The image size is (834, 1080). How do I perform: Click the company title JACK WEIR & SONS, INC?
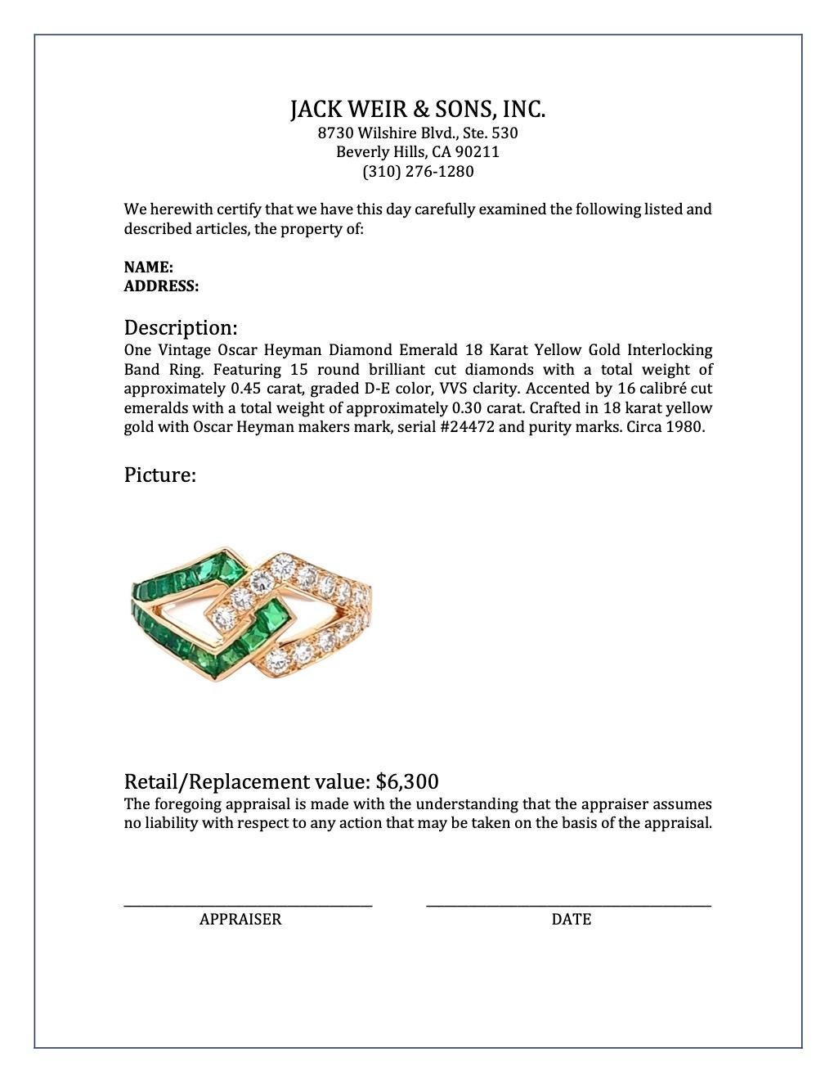(417, 110)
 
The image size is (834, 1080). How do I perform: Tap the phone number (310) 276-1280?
(417, 172)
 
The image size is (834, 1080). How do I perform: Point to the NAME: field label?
(148, 268)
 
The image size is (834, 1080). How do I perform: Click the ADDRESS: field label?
(161, 286)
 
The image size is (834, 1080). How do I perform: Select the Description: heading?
(181, 328)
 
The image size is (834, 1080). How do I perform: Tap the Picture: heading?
(159, 475)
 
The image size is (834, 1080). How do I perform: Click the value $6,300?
(407, 781)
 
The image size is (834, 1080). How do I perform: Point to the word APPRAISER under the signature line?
(240, 920)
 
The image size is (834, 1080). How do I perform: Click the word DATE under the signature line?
(571, 920)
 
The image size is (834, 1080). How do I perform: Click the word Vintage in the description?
(185, 350)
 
